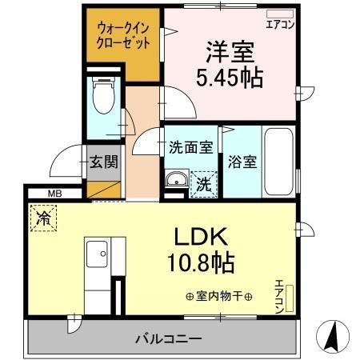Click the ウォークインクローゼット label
click(x=123, y=35)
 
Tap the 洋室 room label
click(x=230, y=54)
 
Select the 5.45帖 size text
click(x=230, y=78)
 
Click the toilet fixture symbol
click(x=103, y=97)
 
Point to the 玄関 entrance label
click(x=103, y=162)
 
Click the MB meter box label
click(x=54, y=193)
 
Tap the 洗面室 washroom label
click(x=190, y=148)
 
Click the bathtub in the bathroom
click(x=279, y=159)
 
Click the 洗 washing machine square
click(x=203, y=183)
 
